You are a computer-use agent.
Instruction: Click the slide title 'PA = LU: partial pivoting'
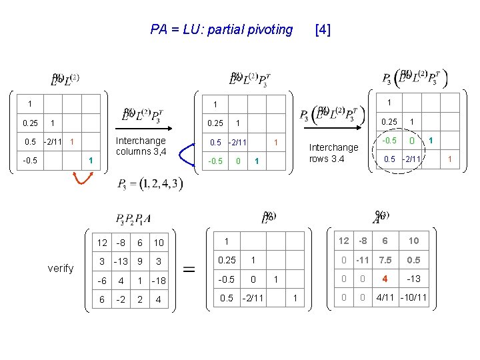pos(221,29)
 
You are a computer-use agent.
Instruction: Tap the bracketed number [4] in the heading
pos(322,29)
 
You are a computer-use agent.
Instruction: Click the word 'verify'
pos(61,269)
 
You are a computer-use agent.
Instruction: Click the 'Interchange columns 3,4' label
pos(141,146)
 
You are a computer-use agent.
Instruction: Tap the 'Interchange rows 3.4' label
pos(334,153)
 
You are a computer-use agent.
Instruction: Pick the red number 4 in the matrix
pos(384,279)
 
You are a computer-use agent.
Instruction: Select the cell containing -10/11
pos(413,297)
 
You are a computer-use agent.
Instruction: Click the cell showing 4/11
pos(385,297)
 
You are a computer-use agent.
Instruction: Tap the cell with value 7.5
pos(385,260)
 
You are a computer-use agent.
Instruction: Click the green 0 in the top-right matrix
pos(412,141)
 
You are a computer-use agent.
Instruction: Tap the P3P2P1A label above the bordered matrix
pos(133,218)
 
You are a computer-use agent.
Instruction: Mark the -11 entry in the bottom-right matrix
pos(363,260)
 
